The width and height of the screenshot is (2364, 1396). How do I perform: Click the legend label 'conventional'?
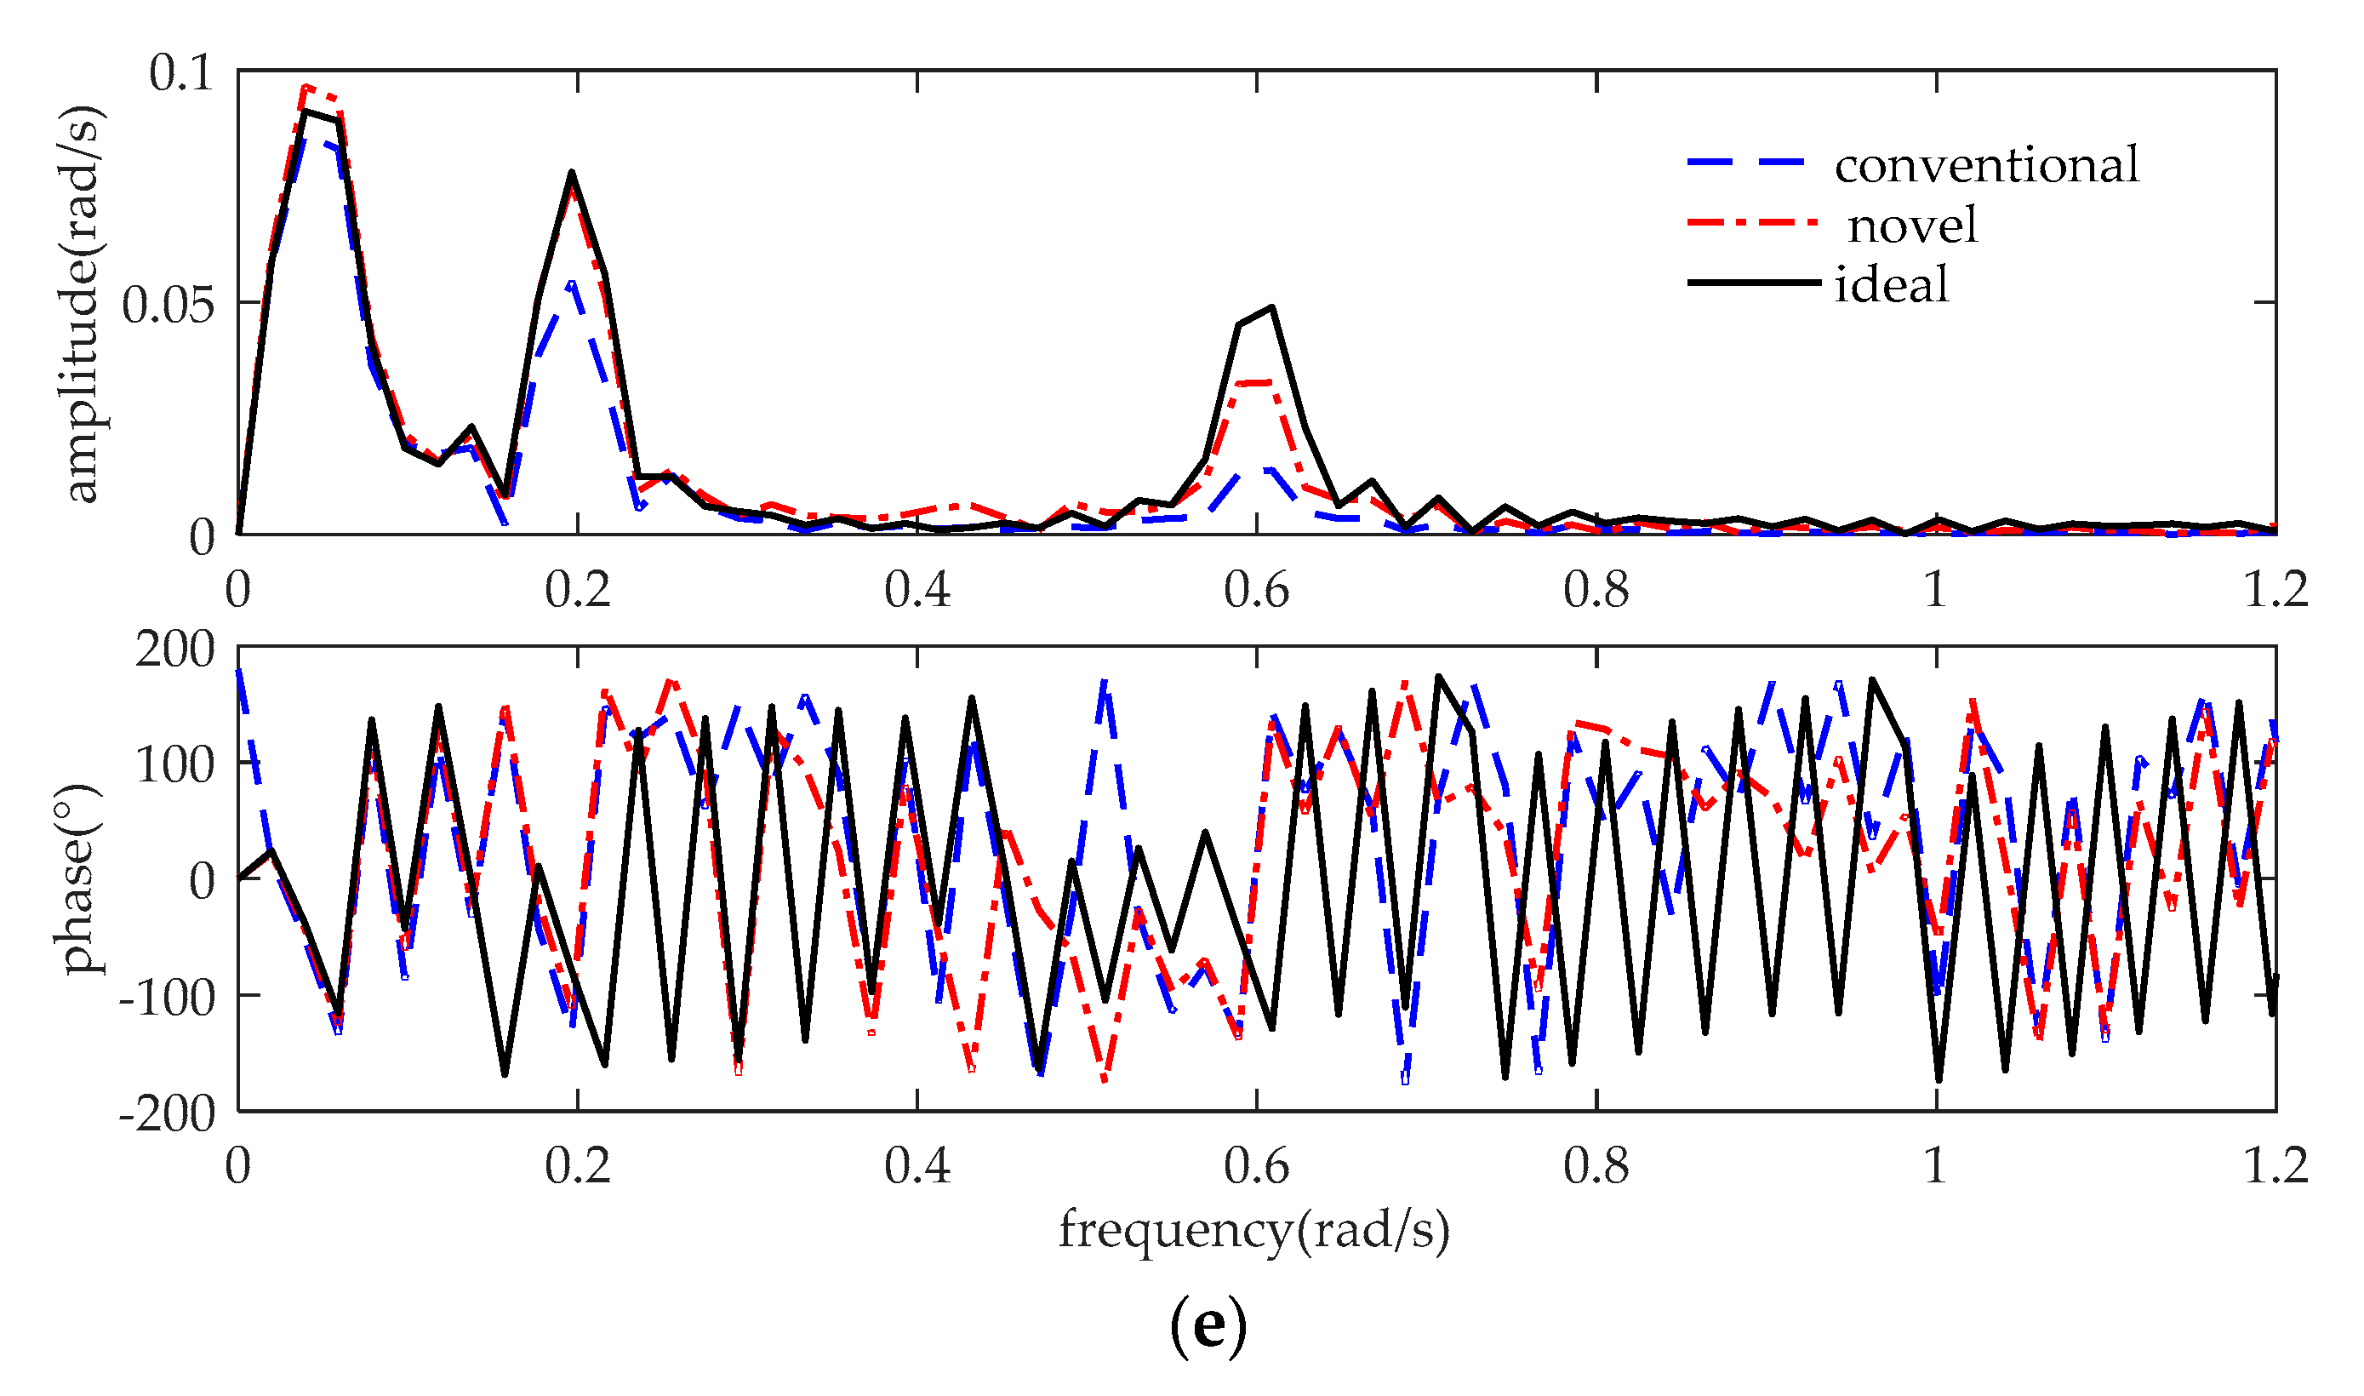[x=1985, y=166]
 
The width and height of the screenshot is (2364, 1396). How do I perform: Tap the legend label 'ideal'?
[x=1890, y=284]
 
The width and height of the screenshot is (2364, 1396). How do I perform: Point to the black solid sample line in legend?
[x=1752, y=283]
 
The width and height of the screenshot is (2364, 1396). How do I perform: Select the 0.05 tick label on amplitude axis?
[x=168, y=305]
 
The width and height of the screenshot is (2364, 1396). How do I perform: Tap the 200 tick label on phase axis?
[x=175, y=649]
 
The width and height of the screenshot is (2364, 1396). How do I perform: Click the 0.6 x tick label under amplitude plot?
[x=1256, y=591]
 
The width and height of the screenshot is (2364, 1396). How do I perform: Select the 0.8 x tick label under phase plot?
[x=1596, y=1166]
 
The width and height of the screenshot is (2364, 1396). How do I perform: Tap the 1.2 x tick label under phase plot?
[x=2275, y=1166]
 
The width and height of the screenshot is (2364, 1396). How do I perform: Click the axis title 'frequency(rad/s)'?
[x=1253, y=1230]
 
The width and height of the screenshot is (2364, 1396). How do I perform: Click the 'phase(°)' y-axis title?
[x=79, y=878]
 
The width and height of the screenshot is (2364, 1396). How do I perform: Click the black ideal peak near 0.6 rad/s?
[x=1271, y=307]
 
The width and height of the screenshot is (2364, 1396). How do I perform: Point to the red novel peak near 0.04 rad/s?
[x=305, y=88]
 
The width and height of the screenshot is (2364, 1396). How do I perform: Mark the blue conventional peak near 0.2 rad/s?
[x=571, y=283]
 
